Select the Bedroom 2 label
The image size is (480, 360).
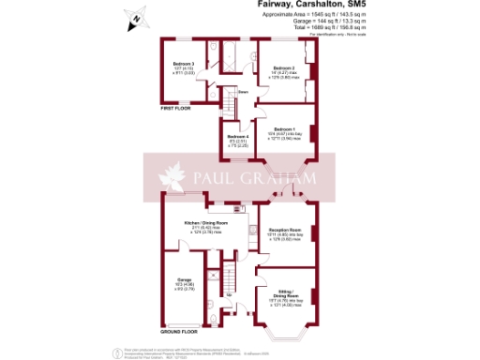(x=284, y=69)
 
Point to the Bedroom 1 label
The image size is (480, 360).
(x=284, y=129)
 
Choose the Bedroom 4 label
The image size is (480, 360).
(x=237, y=138)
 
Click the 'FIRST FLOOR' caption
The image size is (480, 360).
(x=177, y=109)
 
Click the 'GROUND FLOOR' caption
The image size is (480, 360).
(x=179, y=332)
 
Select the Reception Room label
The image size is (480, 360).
(x=287, y=230)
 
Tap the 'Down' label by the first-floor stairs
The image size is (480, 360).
(x=242, y=92)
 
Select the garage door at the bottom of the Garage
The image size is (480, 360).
(x=184, y=325)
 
